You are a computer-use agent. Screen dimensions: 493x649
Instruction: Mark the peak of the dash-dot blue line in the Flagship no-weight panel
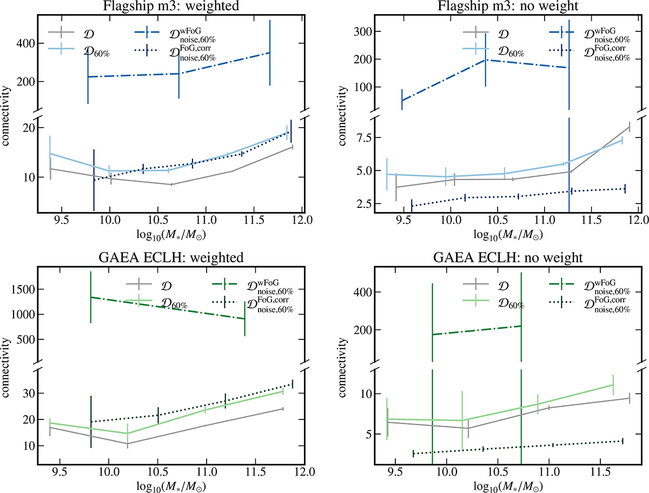[485, 60]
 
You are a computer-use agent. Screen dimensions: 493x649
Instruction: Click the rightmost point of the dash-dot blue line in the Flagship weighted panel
[269, 52]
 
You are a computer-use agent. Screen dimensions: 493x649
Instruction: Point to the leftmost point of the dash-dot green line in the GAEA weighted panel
[90, 297]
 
